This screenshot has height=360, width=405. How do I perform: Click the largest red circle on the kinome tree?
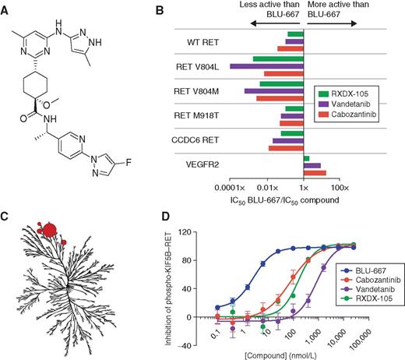(x=49, y=229)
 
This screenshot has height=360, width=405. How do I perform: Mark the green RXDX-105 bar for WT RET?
(x=294, y=34)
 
